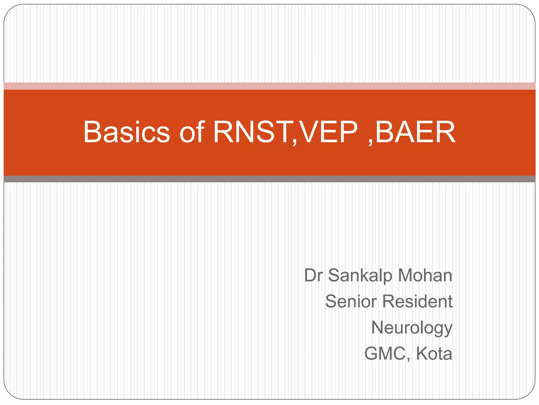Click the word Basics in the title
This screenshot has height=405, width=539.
point(127,132)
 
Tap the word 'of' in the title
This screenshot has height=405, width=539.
point(192,132)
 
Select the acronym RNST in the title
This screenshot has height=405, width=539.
point(253,132)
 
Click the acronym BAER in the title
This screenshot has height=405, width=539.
point(416,132)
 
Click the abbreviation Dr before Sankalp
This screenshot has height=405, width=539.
point(313,276)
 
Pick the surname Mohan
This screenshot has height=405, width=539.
point(425,276)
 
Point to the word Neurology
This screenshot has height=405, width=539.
point(412,328)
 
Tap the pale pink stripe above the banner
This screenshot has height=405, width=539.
point(269,86)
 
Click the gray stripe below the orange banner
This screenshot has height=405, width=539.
point(269,179)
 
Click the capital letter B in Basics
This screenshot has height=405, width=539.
point(92,132)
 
